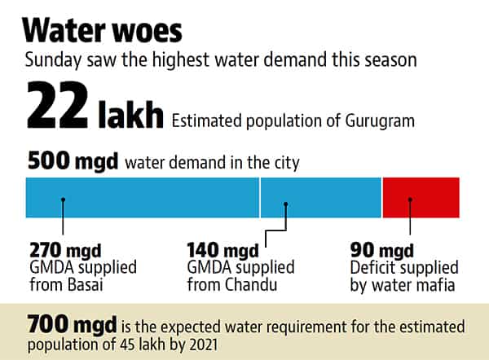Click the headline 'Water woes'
point(102,31)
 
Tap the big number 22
point(57,105)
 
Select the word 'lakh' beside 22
point(130,113)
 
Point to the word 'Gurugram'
point(380,121)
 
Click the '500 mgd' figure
point(73,160)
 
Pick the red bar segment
point(421,197)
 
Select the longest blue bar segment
point(142,197)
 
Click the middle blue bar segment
point(321,197)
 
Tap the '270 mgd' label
point(65,250)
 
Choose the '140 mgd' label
point(222,250)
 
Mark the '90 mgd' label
point(381,250)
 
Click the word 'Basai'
point(85,284)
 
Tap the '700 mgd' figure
point(72,324)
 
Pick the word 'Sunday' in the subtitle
point(53,60)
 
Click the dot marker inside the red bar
point(410,200)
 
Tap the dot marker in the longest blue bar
point(63,200)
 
